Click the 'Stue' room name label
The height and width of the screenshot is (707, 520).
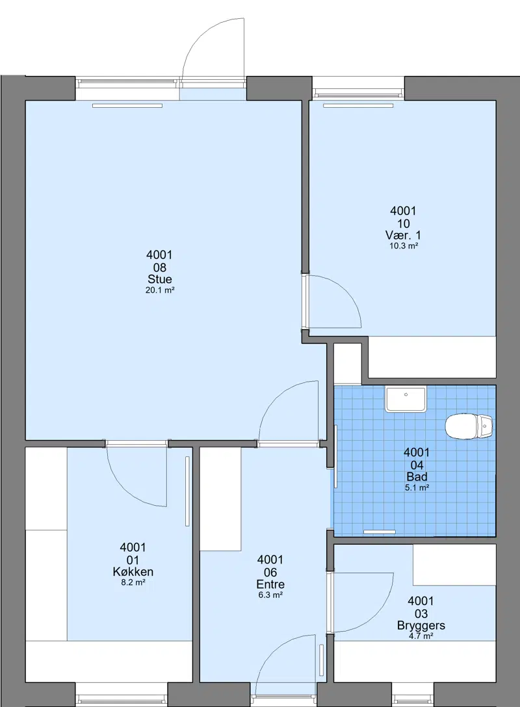pos(159,279)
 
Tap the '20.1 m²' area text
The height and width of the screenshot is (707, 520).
pos(160,290)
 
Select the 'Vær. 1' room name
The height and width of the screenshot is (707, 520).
pos(403,235)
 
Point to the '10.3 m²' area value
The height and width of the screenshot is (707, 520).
pos(404,246)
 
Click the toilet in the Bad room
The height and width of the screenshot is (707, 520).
pos(469,427)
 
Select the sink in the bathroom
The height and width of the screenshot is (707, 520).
pos(406,399)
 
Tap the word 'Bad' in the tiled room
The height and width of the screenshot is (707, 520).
pos(417,477)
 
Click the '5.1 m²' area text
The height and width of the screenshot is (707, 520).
pos(417,488)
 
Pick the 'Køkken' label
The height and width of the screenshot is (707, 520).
pos(133,572)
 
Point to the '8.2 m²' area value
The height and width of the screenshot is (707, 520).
pos(133,582)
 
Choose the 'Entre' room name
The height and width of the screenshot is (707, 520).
pos(270,584)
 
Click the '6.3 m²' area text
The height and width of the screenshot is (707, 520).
pos(270,595)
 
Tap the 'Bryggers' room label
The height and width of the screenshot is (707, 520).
pos(421,625)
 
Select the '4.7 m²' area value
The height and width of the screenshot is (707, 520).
pos(421,636)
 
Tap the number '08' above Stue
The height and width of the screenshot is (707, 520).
pos(159,267)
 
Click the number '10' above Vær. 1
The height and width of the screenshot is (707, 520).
pos(403,223)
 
